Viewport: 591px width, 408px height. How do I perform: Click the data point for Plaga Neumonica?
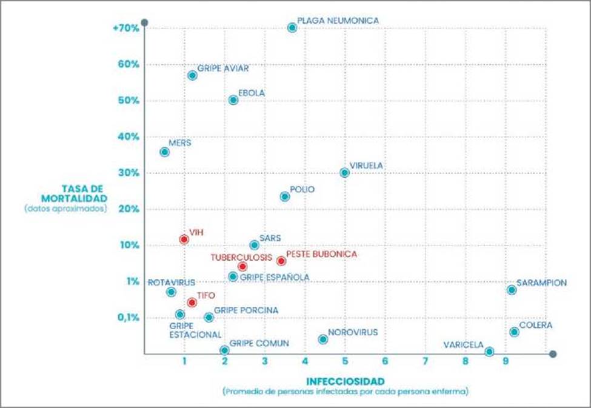click(x=292, y=27)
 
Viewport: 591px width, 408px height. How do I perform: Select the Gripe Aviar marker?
click(x=192, y=75)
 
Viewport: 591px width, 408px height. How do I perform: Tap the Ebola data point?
click(x=233, y=100)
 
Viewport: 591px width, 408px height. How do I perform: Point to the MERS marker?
click(x=164, y=152)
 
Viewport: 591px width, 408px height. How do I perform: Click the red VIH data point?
click(x=184, y=239)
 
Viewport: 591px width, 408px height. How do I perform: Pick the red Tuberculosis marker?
click(x=242, y=266)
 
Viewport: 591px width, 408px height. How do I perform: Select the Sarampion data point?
click(x=512, y=290)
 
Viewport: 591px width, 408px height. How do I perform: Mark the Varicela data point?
click(x=489, y=352)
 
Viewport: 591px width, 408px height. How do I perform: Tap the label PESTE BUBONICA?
click(x=321, y=254)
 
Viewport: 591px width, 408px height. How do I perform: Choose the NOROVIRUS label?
click(x=353, y=332)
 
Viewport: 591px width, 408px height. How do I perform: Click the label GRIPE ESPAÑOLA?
click(x=275, y=277)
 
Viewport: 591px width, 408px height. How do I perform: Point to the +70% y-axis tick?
click(x=126, y=28)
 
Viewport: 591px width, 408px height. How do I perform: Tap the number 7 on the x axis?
click(x=425, y=363)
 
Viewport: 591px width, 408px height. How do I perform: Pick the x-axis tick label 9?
click(x=506, y=363)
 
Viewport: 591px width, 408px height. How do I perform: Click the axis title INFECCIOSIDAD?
click(x=345, y=381)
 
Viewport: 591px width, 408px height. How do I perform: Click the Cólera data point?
click(x=514, y=332)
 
